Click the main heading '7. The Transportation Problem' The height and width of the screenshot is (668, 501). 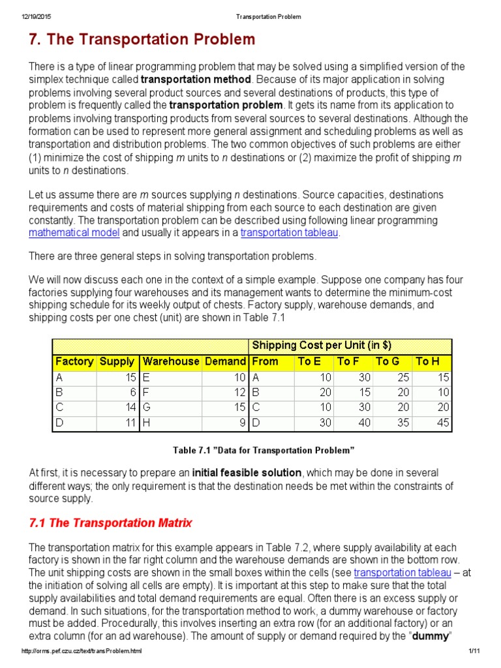[142, 40]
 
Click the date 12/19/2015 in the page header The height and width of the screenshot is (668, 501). [37, 16]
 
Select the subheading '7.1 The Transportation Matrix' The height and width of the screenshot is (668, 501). [111, 523]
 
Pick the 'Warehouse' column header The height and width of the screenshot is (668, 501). [170, 361]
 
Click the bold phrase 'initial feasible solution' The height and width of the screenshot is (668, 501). [248, 472]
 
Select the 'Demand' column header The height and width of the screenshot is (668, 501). [225, 361]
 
